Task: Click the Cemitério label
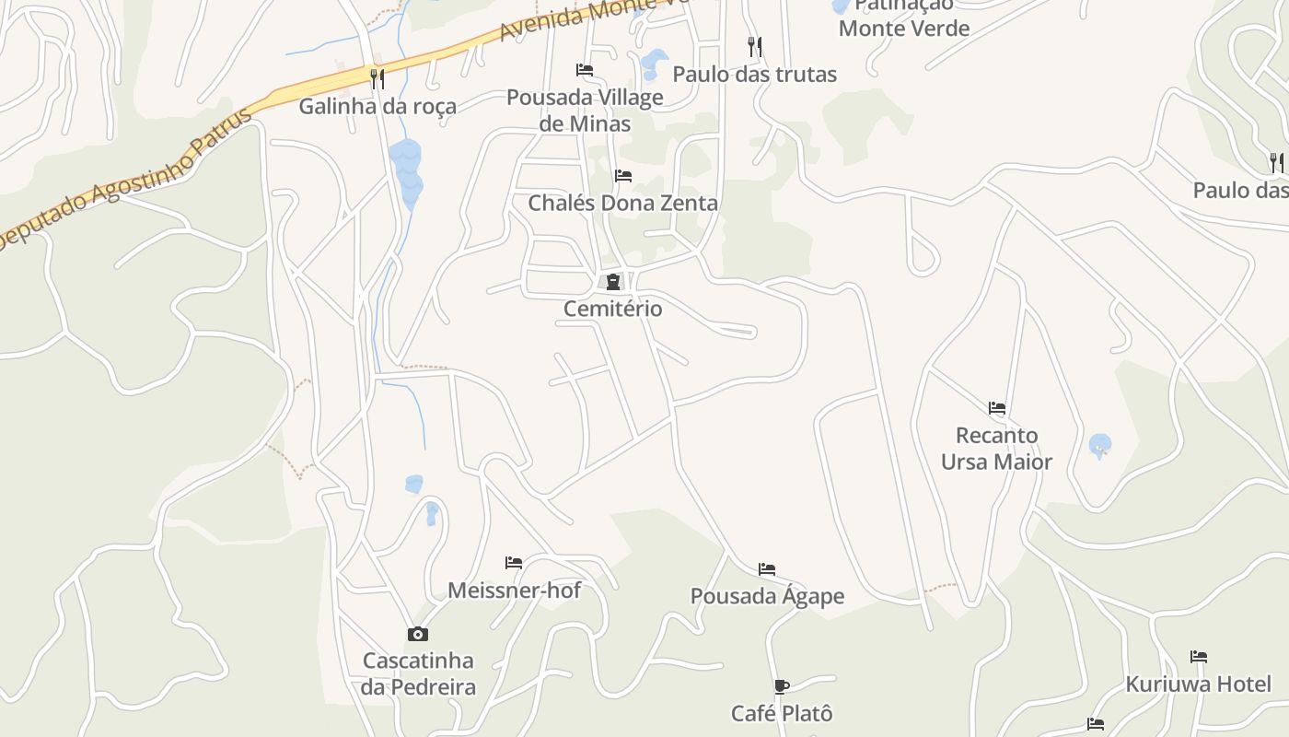[x=612, y=309]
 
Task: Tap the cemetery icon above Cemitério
[x=612, y=282]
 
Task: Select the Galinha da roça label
[x=377, y=106]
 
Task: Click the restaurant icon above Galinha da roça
[x=377, y=79]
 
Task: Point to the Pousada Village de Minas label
[x=585, y=111]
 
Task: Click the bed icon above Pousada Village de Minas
[x=584, y=70]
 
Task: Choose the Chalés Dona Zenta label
[x=622, y=203]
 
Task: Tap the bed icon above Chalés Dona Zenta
[x=623, y=176]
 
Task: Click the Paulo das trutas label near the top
[x=755, y=74]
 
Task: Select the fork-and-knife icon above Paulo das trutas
[x=755, y=46]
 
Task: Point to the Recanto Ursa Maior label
[x=996, y=448]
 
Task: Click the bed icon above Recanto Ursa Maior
[x=996, y=407]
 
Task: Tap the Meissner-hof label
[x=514, y=590]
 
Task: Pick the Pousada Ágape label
[x=767, y=596]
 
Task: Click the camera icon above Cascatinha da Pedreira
[x=418, y=634]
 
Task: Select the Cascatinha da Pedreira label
[x=418, y=673]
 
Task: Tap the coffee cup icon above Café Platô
[x=781, y=686]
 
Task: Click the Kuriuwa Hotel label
[x=1198, y=684]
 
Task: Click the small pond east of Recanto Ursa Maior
[x=1099, y=446]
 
